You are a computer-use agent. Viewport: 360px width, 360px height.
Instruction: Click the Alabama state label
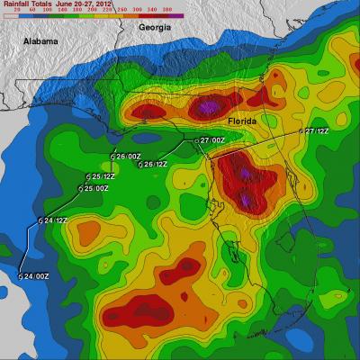point(40,42)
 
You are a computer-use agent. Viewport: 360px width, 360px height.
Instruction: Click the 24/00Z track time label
point(37,276)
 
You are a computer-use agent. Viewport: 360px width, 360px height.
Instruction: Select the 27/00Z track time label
point(212,140)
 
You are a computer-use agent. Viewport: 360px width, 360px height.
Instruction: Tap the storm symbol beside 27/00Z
point(196,141)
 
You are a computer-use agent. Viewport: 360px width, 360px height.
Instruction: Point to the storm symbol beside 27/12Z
point(301,131)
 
